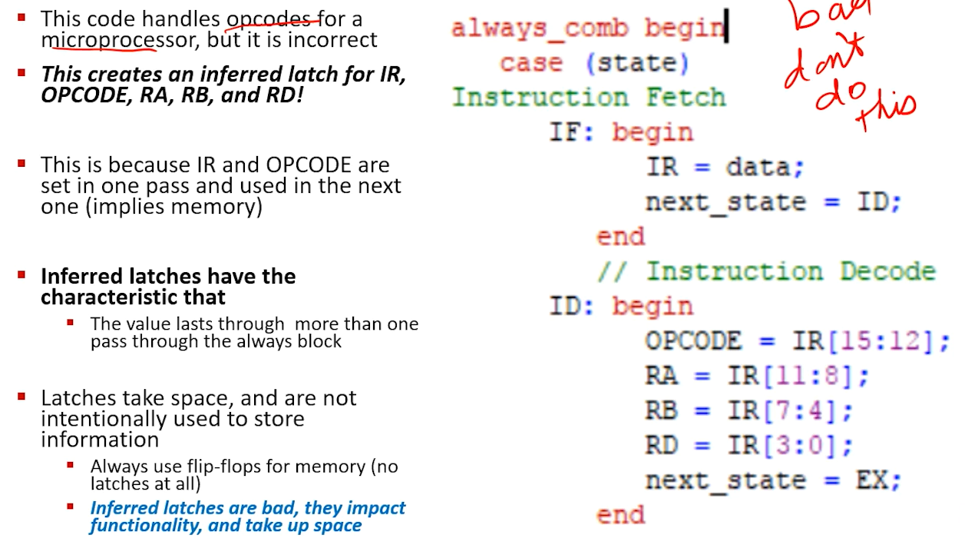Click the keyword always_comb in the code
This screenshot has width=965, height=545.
point(540,29)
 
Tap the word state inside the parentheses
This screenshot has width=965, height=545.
point(637,64)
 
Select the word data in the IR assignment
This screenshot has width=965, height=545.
point(758,167)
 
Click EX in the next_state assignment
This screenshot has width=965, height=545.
point(871,480)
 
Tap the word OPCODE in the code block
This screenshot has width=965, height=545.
point(693,341)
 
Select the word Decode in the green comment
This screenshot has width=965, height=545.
point(888,271)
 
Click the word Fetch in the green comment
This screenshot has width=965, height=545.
point(686,97)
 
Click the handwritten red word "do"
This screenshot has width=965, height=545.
point(840,94)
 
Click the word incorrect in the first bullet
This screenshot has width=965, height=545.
point(332,40)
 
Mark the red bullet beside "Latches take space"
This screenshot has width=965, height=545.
point(21,396)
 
